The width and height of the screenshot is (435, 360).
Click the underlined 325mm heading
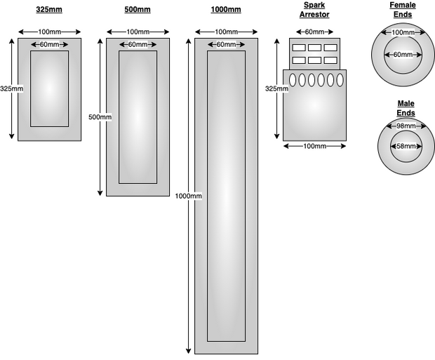tap(49, 10)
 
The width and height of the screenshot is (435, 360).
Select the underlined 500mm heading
tap(138, 10)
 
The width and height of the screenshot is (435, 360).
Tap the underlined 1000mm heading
tap(226, 10)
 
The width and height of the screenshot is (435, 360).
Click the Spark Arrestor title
tap(314, 10)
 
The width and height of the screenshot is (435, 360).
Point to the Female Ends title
tap(402, 10)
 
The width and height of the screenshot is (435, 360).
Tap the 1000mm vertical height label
tap(188, 196)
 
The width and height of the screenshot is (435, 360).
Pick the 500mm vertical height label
tap(100, 116)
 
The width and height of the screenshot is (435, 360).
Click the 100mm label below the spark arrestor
tap(314, 146)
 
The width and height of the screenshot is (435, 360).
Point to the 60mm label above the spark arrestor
tap(314, 32)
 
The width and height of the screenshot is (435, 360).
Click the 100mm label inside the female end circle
tap(402, 32)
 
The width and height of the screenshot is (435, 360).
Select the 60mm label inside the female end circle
tap(402, 54)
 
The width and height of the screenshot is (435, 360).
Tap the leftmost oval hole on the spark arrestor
tap(293, 80)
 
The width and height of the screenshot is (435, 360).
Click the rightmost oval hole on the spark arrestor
tap(340, 80)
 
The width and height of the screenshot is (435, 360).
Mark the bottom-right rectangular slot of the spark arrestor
tap(331, 60)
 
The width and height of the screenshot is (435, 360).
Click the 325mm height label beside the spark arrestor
tap(276, 88)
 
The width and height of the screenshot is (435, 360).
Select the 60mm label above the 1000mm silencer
tap(226, 45)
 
